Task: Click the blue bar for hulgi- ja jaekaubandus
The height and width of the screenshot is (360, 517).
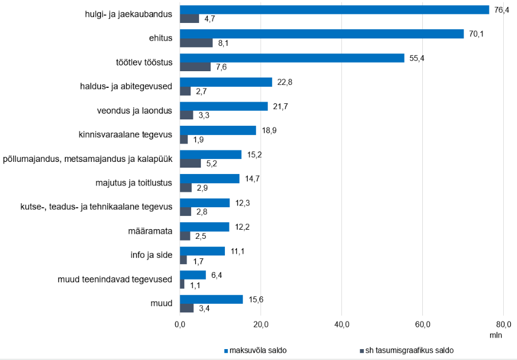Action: point(335,10)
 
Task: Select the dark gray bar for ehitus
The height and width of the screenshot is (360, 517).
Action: point(196,43)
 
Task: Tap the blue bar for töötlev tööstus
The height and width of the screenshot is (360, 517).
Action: point(292,58)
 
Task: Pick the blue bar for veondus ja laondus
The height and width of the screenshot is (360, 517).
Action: point(224,106)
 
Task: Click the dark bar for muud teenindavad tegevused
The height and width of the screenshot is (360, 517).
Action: point(182,284)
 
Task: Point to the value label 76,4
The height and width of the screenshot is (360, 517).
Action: point(502,10)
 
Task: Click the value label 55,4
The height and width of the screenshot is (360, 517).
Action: point(417,59)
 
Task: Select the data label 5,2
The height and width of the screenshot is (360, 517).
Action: point(212,164)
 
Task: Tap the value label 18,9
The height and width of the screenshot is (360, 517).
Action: point(269,131)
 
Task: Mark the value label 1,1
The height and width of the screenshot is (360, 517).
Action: point(195,285)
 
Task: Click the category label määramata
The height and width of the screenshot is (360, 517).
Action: point(150,231)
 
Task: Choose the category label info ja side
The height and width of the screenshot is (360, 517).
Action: point(151,255)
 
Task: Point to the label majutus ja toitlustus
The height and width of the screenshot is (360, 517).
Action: point(134,183)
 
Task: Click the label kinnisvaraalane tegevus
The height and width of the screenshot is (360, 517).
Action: point(125,134)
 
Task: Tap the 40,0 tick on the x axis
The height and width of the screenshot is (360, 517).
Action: point(341,325)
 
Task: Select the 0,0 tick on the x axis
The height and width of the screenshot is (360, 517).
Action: point(180,325)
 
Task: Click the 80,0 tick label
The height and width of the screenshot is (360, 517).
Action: point(503,325)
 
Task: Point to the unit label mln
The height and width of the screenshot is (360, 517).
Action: point(496,335)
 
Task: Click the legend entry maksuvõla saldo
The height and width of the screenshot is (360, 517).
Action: point(255,350)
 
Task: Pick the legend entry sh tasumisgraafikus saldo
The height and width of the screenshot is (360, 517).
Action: point(407,350)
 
